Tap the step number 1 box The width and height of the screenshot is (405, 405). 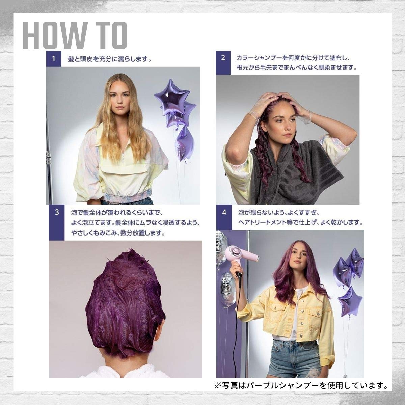point(54,59)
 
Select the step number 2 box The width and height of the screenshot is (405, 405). point(223,63)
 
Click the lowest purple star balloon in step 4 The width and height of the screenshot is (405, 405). point(350,303)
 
